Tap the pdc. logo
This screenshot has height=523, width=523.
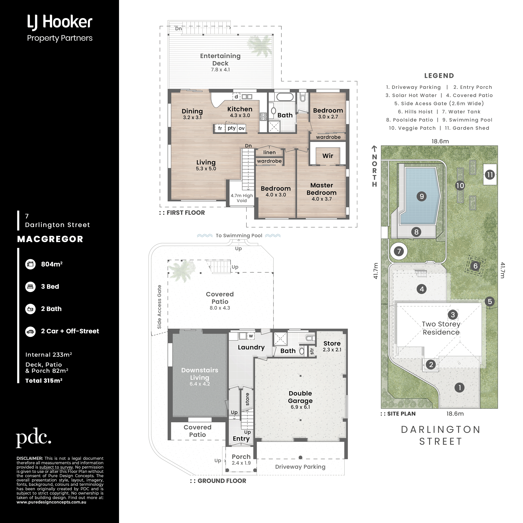point(33,437)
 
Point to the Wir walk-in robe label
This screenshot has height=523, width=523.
point(328,156)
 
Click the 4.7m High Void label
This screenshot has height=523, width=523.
point(242,198)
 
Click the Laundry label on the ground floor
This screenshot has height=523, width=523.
point(251,347)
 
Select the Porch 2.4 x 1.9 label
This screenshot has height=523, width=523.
point(241,460)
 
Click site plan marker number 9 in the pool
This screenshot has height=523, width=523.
point(422,196)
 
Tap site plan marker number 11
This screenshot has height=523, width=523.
point(490,175)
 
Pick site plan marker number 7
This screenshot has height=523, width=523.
point(399,251)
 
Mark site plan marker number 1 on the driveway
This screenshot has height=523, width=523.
point(459,388)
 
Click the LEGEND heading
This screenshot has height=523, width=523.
point(439,76)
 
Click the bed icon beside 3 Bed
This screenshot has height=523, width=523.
point(30,286)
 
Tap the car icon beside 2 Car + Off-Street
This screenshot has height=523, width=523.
point(30,331)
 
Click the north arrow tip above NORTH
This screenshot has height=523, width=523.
point(374,146)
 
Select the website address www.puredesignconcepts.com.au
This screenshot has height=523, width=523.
point(52,502)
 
